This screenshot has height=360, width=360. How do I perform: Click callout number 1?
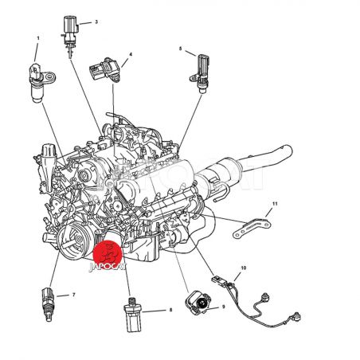click(38, 38)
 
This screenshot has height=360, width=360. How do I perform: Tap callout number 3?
click(96, 22)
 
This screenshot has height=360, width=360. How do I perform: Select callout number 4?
click(131, 54)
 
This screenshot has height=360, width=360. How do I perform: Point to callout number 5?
click(181, 49)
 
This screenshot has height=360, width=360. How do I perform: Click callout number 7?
click(73, 295)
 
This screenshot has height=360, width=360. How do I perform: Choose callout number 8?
click(170, 310)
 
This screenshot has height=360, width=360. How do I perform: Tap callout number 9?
click(223, 307)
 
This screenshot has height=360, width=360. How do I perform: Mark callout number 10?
click(244, 268)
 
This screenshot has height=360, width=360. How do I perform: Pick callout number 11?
click(275, 204)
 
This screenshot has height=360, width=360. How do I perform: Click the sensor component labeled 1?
click(39, 82)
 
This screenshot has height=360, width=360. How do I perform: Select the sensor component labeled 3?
click(70, 34)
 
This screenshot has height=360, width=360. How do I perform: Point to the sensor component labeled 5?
click(201, 74)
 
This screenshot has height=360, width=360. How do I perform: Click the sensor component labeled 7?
click(47, 304)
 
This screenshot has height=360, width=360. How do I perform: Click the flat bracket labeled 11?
click(252, 228)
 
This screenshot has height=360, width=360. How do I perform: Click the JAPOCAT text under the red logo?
click(108, 267)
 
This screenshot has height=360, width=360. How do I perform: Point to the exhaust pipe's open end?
click(288, 151)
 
